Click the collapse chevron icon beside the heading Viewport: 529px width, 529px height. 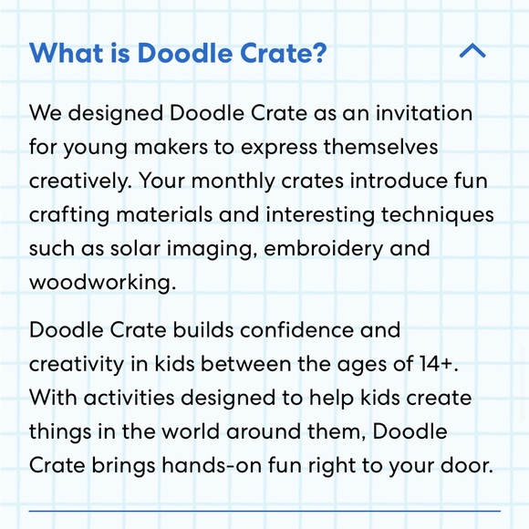tap(472, 52)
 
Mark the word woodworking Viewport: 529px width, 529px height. tap(101, 281)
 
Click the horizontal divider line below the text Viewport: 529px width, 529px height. tap(264, 511)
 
